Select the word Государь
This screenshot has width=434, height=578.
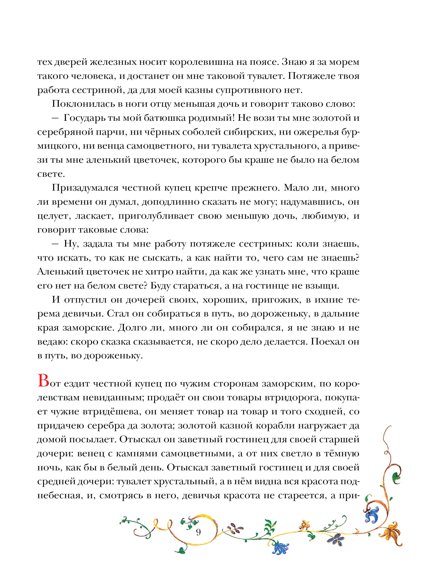[84, 118]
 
